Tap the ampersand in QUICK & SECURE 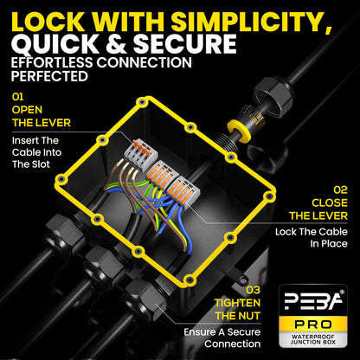tap(115, 44)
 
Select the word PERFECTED tap(49, 76)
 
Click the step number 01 tap(17, 97)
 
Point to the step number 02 tap(341, 190)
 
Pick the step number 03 tap(253, 290)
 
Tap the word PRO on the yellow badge tap(312, 325)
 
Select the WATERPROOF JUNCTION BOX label tap(313, 339)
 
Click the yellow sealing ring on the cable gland tap(237, 131)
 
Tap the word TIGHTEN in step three tap(237, 303)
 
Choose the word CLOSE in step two tap(330, 202)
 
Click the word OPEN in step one tap(27, 110)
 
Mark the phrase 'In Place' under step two tap(329, 244)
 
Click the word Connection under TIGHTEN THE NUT tap(233, 344)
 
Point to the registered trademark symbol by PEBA tap(342, 292)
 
